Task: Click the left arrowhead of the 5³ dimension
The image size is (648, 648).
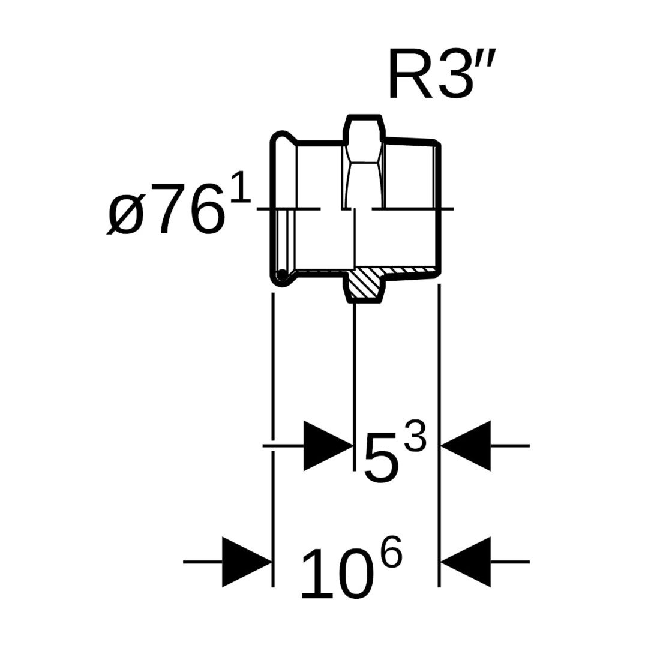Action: (328, 446)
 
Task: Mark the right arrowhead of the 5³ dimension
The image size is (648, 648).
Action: (466, 446)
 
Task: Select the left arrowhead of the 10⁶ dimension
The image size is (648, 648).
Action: (247, 562)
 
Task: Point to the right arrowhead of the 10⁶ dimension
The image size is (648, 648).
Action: (466, 562)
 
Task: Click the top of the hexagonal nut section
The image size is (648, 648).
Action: (363, 118)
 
